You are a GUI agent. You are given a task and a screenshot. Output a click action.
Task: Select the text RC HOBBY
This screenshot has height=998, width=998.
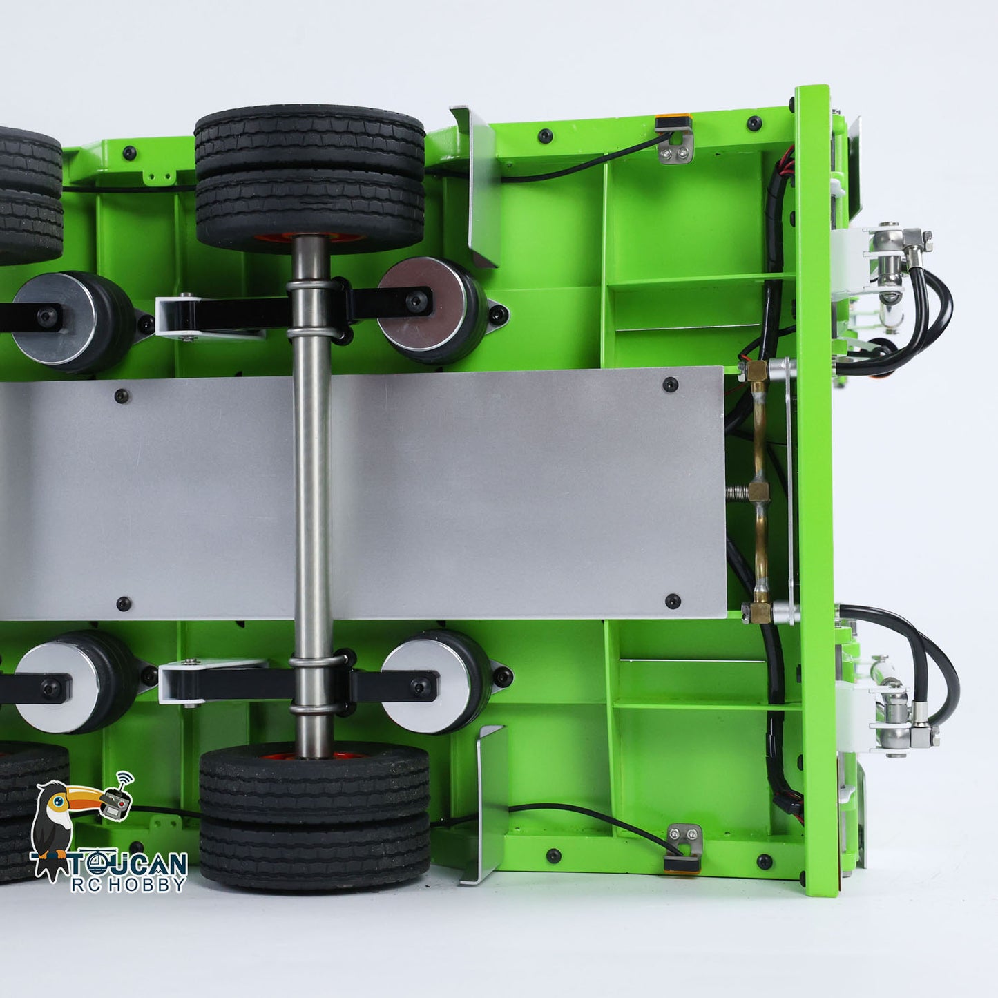[128, 884]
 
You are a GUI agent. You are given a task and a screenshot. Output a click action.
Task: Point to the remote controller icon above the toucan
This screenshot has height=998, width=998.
[117, 801]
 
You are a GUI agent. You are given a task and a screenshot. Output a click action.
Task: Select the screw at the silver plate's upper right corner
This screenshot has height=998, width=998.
[670, 385]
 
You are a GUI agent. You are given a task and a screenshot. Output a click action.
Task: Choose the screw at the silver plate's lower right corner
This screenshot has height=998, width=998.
[673, 602]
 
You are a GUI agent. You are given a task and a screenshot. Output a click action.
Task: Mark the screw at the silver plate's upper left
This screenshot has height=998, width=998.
[122, 396]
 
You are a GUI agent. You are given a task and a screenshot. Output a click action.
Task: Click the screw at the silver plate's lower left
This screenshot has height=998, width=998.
[124, 604]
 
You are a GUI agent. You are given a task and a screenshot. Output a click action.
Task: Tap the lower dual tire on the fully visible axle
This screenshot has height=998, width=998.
[314, 815]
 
